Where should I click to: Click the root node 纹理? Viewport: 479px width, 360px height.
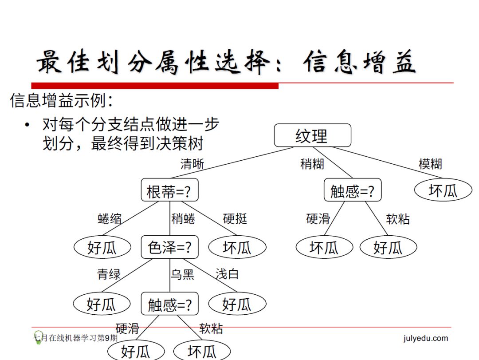click(312, 135)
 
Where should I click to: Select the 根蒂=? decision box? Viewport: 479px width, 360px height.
click(169, 191)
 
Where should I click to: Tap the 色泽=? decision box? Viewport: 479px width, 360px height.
click(169, 247)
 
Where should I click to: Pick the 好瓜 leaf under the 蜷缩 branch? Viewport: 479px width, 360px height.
click(102, 247)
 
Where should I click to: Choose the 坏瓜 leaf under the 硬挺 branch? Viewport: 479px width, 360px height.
click(237, 247)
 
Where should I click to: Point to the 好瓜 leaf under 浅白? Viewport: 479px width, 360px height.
click(237, 304)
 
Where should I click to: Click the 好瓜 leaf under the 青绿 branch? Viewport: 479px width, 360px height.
click(102, 304)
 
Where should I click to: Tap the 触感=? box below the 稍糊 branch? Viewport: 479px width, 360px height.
click(353, 191)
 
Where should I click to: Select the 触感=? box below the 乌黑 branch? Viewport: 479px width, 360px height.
click(169, 305)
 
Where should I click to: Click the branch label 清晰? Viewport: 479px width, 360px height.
click(192, 164)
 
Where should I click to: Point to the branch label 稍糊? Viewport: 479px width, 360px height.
click(312, 164)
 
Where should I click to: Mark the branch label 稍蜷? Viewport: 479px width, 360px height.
click(183, 219)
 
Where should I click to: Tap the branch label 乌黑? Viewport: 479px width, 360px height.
click(182, 274)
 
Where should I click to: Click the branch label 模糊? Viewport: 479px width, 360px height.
click(430, 164)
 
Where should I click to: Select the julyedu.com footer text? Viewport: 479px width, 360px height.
click(426, 338)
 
